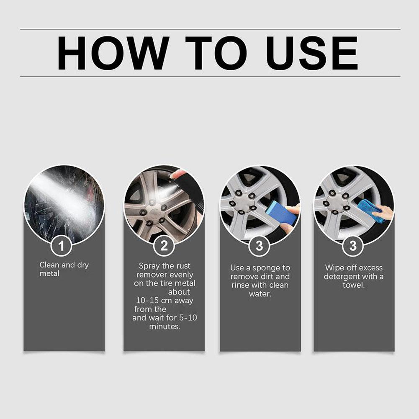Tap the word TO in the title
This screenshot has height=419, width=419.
[x=216, y=53]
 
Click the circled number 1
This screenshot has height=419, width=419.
[x=61, y=246]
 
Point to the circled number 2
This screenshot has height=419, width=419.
[x=164, y=246]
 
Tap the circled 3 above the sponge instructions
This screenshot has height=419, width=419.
[x=259, y=246]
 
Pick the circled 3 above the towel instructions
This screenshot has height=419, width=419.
[x=353, y=246]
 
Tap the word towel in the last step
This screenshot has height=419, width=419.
[x=354, y=285]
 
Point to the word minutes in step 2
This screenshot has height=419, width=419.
[x=165, y=326]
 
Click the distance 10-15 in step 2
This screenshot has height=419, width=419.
[x=147, y=301]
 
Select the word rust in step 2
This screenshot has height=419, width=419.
[x=183, y=266]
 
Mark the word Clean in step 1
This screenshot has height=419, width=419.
[x=49, y=265]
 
